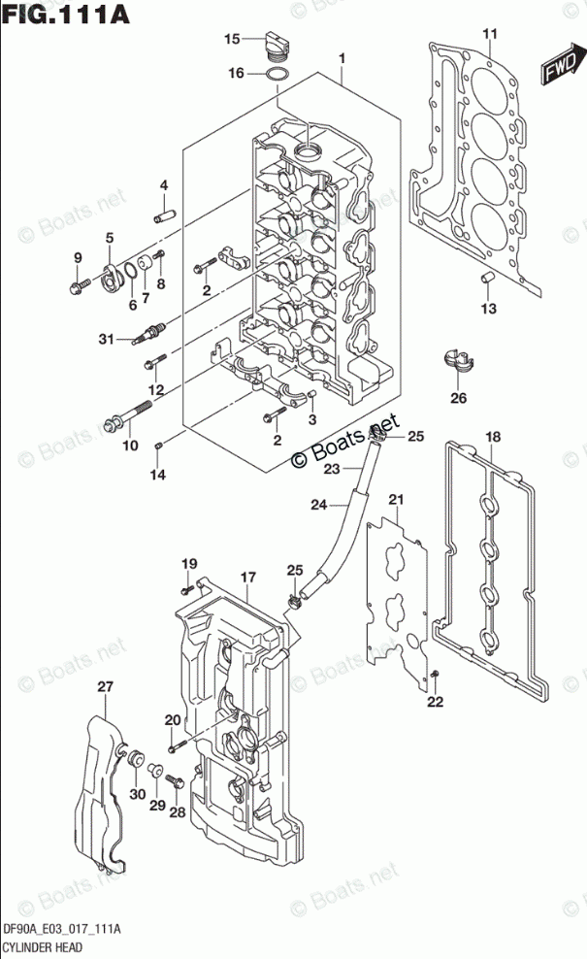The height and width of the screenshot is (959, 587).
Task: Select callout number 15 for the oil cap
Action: pyautogui.click(x=232, y=39)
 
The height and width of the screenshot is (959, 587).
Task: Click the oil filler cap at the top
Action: pyautogui.click(x=274, y=44)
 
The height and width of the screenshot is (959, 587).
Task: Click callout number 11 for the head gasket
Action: pyautogui.click(x=491, y=36)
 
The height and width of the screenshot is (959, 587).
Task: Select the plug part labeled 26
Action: pyautogui.click(x=457, y=361)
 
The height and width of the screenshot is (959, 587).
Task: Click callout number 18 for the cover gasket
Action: pyautogui.click(x=492, y=437)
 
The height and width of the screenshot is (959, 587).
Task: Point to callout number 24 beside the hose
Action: pyautogui.click(x=319, y=504)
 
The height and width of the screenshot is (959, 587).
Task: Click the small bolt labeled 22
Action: pyautogui.click(x=435, y=675)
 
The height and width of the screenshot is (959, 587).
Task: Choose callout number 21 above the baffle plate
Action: pyautogui.click(x=395, y=499)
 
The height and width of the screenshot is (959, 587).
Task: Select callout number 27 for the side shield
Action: pyautogui.click(x=105, y=687)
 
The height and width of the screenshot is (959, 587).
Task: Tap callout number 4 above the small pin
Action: pyautogui.click(x=164, y=185)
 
